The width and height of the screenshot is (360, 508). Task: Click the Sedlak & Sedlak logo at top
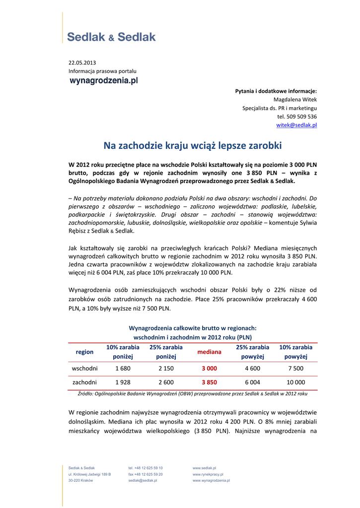point(111,37)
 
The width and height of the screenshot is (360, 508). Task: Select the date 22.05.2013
point(82,63)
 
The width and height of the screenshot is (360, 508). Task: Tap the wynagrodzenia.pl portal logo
point(103,80)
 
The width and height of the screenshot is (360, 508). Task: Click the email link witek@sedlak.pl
point(296,125)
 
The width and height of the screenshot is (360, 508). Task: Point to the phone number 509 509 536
point(297,117)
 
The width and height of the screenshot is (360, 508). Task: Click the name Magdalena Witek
point(295,99)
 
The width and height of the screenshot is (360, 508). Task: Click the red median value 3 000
point(209,369)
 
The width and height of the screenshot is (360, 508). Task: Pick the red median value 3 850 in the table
point(209,382)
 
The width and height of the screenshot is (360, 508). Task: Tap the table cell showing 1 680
point(123,369)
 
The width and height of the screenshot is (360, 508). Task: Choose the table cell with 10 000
point(295,382)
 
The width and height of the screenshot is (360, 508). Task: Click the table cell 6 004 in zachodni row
point(252,382)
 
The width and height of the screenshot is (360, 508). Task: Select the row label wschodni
point(84,369)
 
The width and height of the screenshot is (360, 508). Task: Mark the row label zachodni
point(84,382)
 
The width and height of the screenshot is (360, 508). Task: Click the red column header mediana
point(209,352)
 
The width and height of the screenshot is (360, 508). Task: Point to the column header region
point(84,352)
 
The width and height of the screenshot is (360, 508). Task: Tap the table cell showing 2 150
point(166,369)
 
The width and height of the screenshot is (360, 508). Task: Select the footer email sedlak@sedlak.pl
point(143,481)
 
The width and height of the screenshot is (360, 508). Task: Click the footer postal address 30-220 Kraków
point(80,481)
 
